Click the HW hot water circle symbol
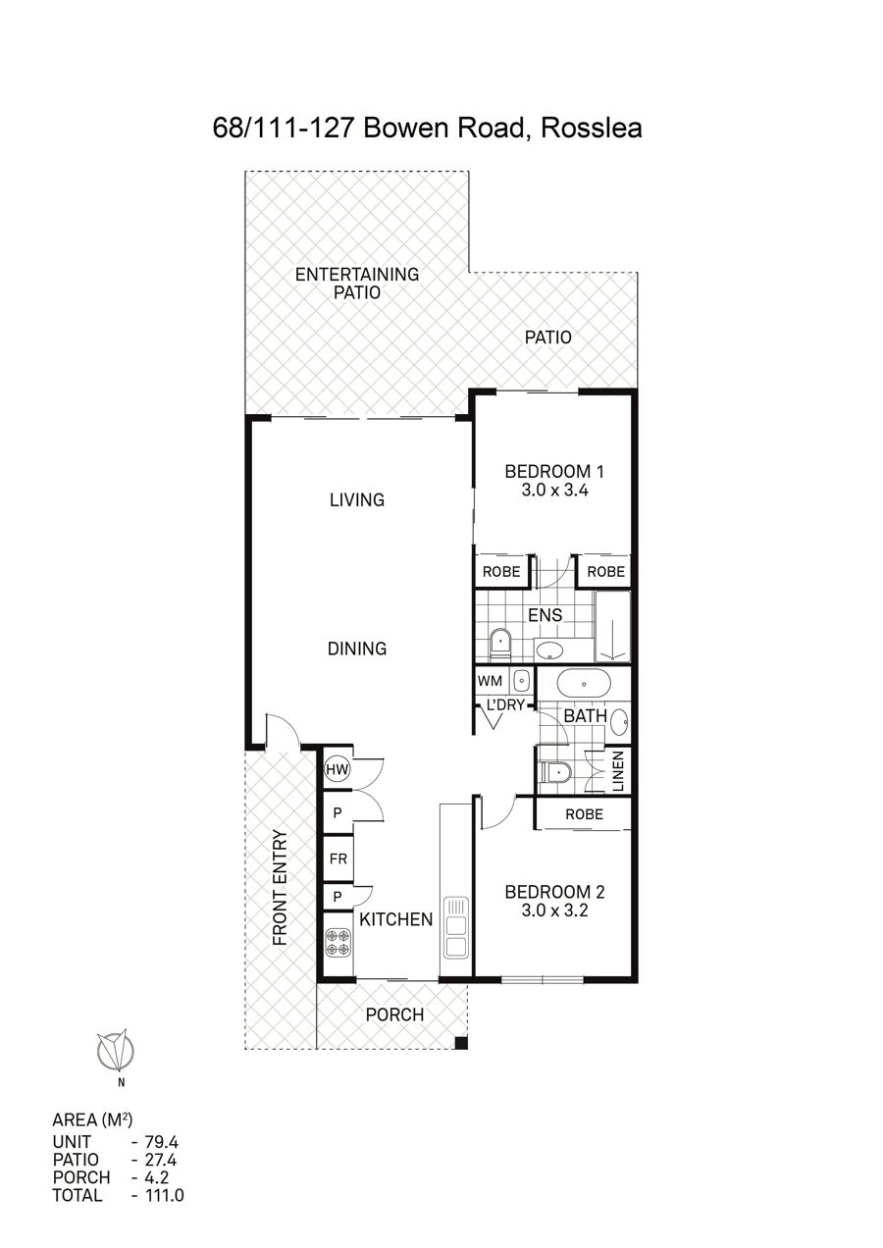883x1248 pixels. (x=338, y=770)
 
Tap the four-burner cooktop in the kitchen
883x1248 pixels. (x=338, y=942)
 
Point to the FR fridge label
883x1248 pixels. (x=338, y=858)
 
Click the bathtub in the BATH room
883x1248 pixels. (x=584, y=684)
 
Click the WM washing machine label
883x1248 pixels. (x=490, y=681)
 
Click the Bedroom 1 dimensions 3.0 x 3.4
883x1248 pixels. (x=554, y=491)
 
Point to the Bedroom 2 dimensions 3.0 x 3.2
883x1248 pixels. (x=554, y=910)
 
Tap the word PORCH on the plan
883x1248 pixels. (x=394, y=1014)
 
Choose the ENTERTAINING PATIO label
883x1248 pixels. (x=356, y=283)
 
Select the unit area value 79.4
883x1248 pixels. (x=162, y=1142)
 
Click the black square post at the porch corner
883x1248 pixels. (x=461, y=1043)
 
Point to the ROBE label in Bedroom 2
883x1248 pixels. (x=584, y=814)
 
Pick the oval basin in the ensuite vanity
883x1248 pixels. (x=549, y=650)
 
